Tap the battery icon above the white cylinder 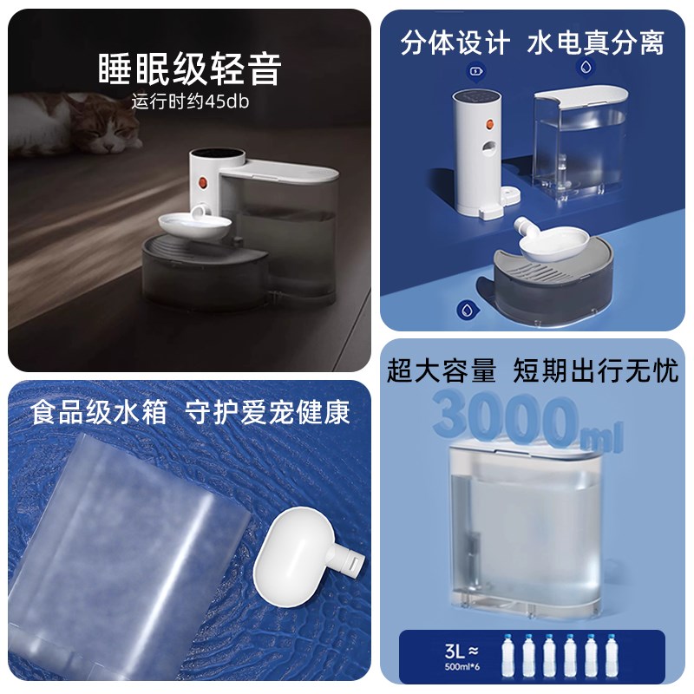(x=475, y=71)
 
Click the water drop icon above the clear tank (x=586, y=66)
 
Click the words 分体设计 (x=452, y=41)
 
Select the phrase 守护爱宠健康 (x=268, y=411)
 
